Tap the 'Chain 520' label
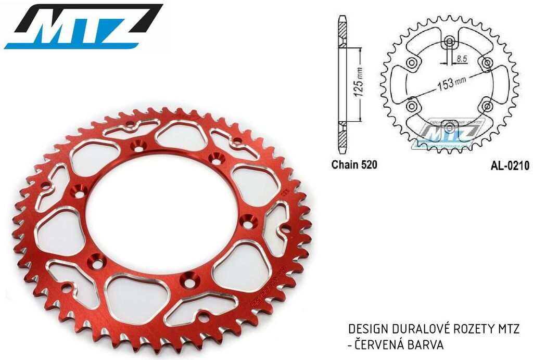(354, 165)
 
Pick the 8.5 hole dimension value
(461, 60)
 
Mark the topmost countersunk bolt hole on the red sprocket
(138, 145)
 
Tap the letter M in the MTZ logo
(42, 27)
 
